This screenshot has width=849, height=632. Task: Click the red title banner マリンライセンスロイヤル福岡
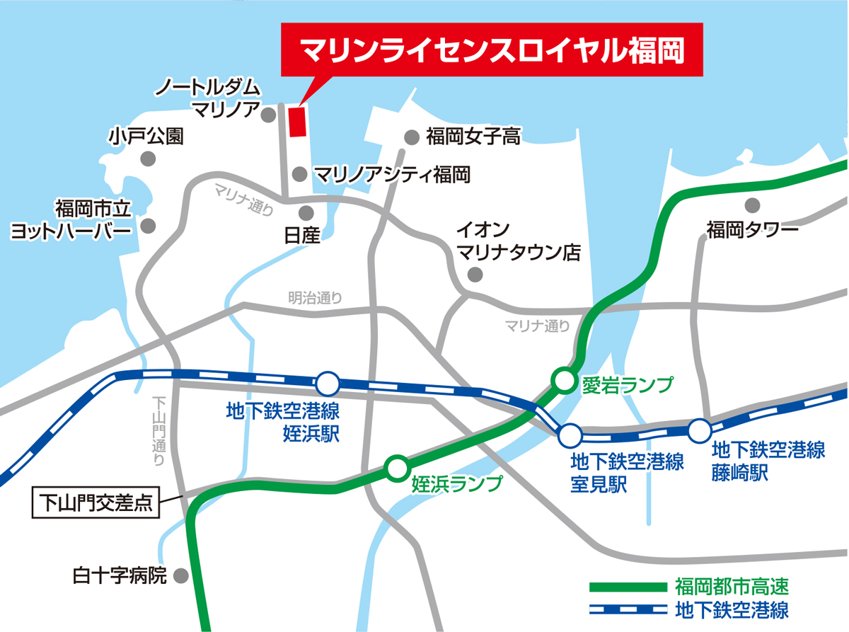[x=492, y=50]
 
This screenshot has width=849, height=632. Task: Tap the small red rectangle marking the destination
[x=296, y=120]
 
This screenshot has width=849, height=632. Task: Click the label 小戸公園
[x=146, y=136]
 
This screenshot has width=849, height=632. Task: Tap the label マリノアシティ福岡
[x=391, y=173]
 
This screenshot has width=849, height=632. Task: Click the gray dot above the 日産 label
[x=306, y=212]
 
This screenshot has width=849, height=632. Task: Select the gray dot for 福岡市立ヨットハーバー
[x=148, y=226]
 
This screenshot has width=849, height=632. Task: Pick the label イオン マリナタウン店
[x=518, y=241]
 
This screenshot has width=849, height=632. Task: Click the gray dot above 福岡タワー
[x=751, y=205]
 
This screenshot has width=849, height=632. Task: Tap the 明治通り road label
[x=316, y=298]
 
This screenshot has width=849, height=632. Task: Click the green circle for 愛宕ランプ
[x=564, y=381]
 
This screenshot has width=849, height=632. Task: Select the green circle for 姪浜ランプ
[x=396, y=467]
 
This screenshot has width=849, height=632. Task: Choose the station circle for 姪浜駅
[x=328, y=384]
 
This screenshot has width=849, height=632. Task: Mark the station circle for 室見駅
[x=570, y=435]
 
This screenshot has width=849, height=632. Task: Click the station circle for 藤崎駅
[x=700, y=430]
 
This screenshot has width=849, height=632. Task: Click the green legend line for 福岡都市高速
[x=628, y=587]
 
